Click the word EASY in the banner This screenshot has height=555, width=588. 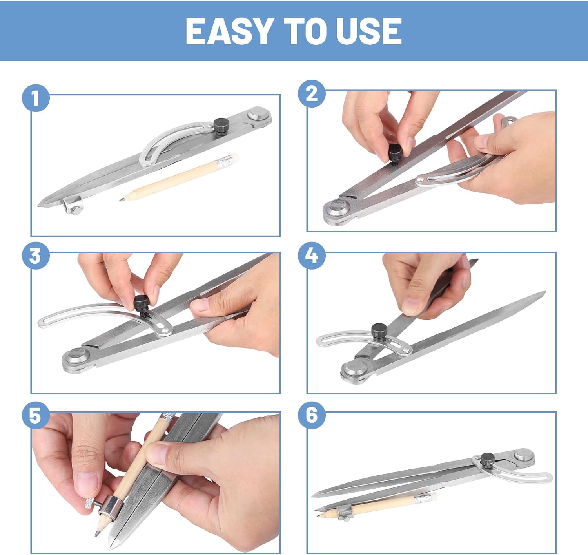coord(229,31)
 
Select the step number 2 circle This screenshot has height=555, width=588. coord(312,94)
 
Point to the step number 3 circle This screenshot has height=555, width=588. coord(36,256)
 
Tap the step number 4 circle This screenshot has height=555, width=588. coord(312,256)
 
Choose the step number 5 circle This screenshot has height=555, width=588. coord(36,415)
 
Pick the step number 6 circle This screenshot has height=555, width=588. coord(312,415)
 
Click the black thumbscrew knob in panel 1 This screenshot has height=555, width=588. coord(221,126)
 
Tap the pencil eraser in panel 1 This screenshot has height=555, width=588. coord(234,158)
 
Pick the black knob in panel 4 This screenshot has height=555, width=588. coord(378,332)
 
